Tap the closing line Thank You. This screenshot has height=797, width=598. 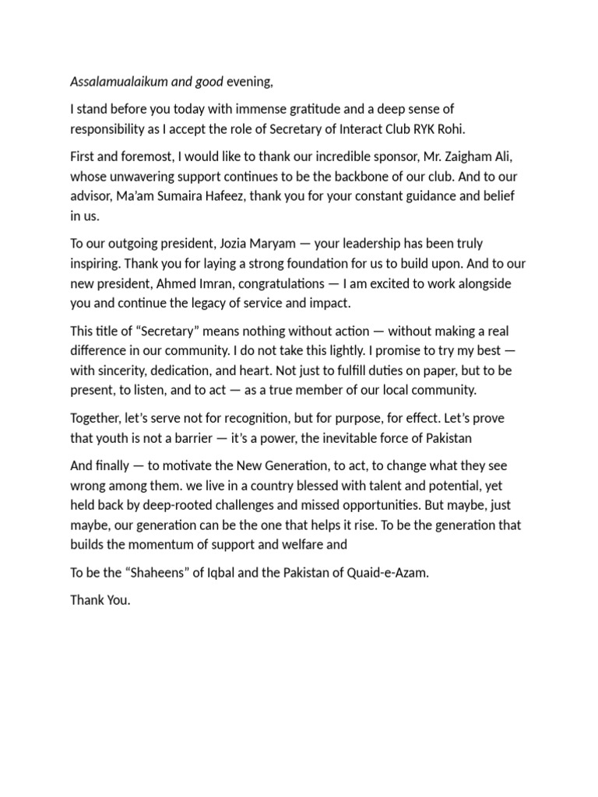click(100, 600)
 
